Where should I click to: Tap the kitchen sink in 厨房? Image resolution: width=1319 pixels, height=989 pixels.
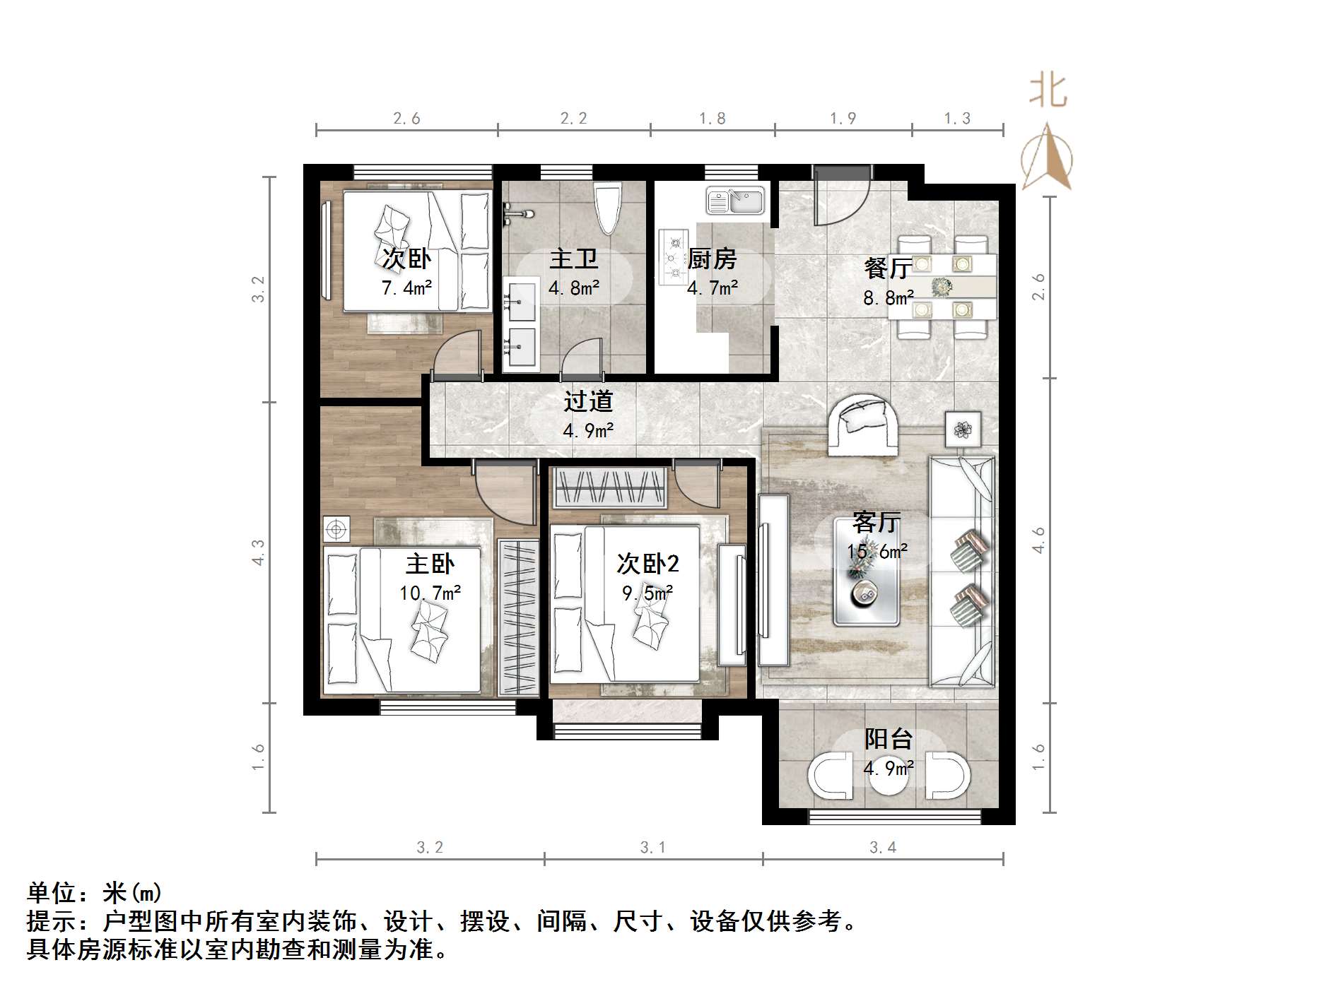coord(735,201)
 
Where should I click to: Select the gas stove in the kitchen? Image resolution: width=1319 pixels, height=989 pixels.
coord(673,257)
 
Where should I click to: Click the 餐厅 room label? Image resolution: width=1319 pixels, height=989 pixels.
coord(887,268)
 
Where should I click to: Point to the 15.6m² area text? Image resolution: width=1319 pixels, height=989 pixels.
coord(877,551)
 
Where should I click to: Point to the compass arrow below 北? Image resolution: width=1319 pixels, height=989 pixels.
coord(1048,157)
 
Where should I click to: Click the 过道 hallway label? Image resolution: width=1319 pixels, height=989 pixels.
coord(587,401)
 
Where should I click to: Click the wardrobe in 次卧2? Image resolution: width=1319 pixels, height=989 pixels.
coord(611,487)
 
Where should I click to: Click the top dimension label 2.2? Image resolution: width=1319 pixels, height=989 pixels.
coord(573,118)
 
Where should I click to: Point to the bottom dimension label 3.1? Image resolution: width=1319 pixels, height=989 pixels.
coord(652,847)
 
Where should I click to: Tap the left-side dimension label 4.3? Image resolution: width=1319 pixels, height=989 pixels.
coord(259,552)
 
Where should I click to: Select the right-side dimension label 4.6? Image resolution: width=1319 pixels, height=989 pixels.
coord(1038,540)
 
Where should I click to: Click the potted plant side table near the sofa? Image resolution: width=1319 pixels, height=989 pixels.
coord(962,429)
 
